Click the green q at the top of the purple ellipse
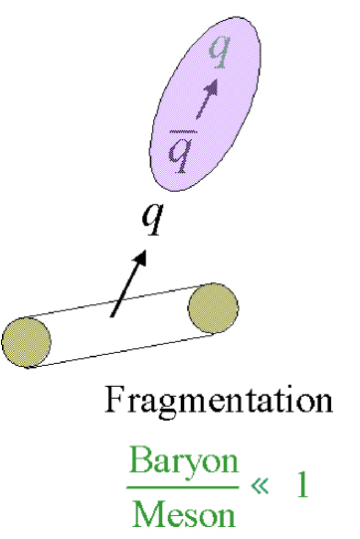coord(224,51)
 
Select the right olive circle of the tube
coord(213,306)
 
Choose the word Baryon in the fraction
coord(184,462)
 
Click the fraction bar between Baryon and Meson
coord(184,487)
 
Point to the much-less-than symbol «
coord(261,488)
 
